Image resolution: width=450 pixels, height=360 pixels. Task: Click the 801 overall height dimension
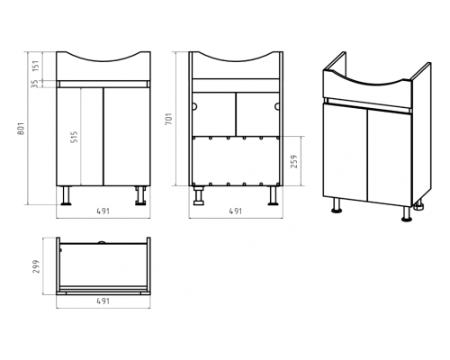tap(22, 128)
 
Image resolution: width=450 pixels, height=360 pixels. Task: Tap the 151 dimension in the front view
tap(36, 67)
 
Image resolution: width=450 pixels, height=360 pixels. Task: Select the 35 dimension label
tap(36, 84)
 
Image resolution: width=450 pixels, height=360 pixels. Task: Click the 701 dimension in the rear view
tap(169, 119)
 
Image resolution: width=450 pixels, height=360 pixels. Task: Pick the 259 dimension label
tap(294, 161)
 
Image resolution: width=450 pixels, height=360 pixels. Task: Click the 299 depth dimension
tap(36, 266)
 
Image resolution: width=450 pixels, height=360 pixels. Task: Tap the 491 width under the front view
tap(103, 211)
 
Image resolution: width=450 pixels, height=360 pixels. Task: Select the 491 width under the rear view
tap(236, 211)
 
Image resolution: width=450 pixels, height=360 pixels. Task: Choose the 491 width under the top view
tap(103, 301)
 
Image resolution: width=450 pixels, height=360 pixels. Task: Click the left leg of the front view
tap(66, 195)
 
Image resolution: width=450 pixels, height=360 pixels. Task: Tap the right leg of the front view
tap(140, 195)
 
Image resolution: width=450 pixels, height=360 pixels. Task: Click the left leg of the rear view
tap(198, 195)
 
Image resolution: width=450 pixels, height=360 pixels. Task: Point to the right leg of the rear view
tap(273, 195)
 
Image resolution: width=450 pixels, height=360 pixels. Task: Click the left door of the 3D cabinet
tap(345, 151)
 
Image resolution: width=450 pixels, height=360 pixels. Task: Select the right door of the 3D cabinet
tap(390, 157)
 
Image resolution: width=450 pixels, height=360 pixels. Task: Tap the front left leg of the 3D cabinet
tap(337, 205)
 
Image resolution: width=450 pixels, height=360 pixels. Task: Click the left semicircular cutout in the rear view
tap(194, 106)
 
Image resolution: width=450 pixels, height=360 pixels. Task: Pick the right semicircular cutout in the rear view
tap(277, 106)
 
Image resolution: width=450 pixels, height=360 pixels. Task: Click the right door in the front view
tap(127, 137)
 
